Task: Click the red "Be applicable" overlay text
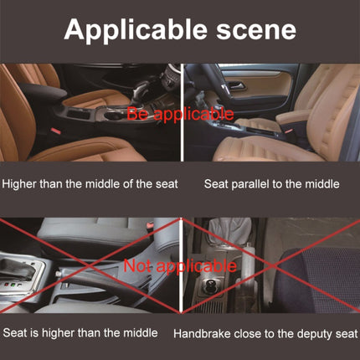(x=180, y=113)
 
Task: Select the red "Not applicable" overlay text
(x=179, y=266)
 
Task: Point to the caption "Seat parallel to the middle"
(x=271, y=182)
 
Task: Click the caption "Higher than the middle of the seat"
(x=90, y=182)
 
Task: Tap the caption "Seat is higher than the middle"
(x=80, y=332)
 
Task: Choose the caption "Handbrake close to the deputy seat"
(x=265, y=332)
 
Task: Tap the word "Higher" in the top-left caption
(x=21, y=182)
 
